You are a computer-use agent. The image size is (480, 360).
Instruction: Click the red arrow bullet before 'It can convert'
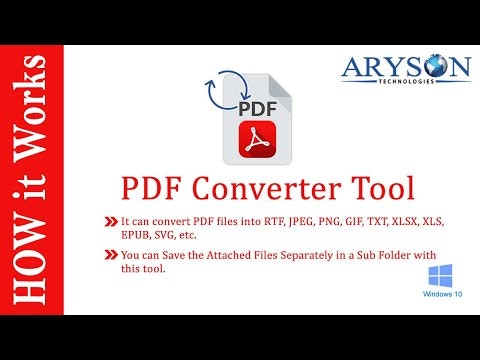click(110, 219)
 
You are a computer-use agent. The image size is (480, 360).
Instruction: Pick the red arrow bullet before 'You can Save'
click(110, 257)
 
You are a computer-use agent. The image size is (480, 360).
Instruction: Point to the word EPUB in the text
click(135, 234)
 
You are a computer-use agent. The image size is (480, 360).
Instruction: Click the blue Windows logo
click(440, 277)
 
